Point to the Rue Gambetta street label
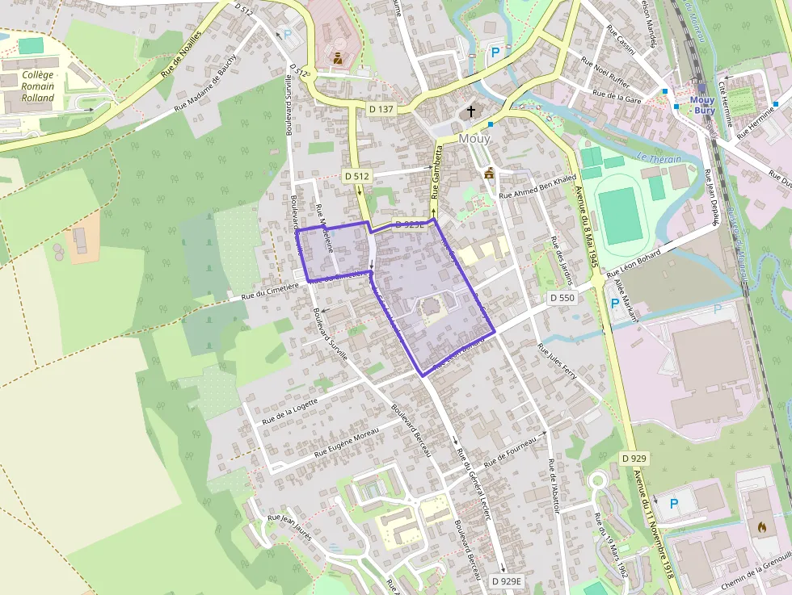tap(436, 172)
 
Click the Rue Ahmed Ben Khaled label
tap(537, 186)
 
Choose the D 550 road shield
tap(562, 298)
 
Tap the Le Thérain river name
tap(659, 159)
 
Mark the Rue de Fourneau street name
tap(510, 454)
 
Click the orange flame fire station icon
tap(760, 526)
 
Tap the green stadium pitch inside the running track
tap(621, 216)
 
